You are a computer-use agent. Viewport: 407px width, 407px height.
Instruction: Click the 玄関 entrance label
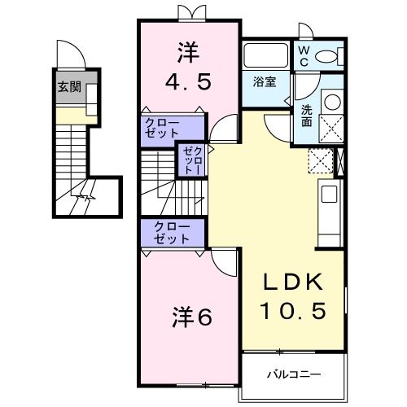[x=69, y=87]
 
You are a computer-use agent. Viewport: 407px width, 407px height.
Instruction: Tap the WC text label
[x=303, y=55]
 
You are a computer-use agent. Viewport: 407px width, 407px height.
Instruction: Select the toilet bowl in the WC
[x=330, y=56]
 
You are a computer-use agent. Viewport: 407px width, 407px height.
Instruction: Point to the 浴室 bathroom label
[x=264, y=82]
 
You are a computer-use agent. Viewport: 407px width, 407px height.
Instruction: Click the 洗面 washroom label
[x=306, y=114]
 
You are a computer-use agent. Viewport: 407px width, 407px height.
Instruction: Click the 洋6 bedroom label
[x=192, y=317]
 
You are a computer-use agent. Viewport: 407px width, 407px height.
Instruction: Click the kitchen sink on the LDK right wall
[x=330, y=195]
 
